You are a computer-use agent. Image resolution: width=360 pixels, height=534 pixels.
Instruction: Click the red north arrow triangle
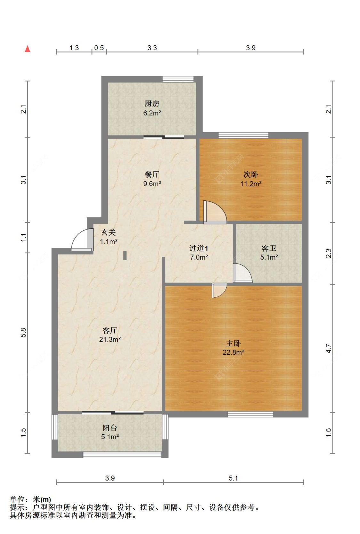pyautogui.click(x=28, y=49)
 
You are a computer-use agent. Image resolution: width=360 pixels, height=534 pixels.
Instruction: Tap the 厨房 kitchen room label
pyautogui.click(x=152, y=104)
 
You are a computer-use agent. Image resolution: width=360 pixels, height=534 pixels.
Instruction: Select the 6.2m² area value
pyautogui.click(x=152, y=113)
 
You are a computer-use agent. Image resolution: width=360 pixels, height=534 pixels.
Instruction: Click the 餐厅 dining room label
pyautogui.click(x=152, y=174)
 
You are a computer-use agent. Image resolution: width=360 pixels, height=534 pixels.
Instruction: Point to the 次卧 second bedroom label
pyautogui.click(x=251, y=174)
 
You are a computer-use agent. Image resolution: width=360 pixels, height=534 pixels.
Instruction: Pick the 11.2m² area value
pyautogui.click(x=251, y=184)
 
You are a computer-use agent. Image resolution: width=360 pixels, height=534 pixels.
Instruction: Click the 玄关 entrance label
pyautogui.click(x=109, y=232)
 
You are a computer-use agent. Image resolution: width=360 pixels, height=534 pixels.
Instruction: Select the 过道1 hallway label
pyautogui.click(x=199, y=248)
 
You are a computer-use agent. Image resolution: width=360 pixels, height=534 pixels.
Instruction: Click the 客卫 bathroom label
pyautogui.click(x=269, y=248)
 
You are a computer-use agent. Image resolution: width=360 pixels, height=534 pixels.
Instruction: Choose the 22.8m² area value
pyautogui.click(x=234, y=352)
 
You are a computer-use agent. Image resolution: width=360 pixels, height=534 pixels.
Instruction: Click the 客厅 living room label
pyautogui.click(x=110, y=330)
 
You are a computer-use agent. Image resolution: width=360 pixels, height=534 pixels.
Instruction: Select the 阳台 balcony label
pyautogui.click(x=110, y=428)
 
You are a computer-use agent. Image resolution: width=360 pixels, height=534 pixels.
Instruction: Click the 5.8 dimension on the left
pyautogui.click(x=23, y=333)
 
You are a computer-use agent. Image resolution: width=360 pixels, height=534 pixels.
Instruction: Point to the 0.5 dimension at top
pyautogui.click(x=99, y=48)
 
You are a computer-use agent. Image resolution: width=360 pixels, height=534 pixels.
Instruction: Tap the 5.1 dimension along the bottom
pyautogui.click(x=234, y=478)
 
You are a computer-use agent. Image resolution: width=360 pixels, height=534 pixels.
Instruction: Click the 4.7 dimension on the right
pyautogui.click(x=329, y=348)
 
